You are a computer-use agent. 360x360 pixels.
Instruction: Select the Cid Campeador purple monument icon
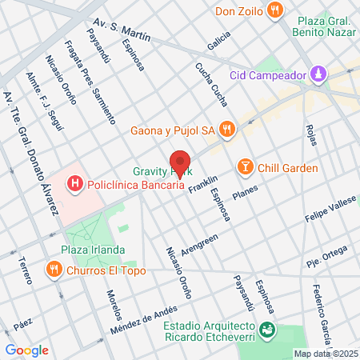(x=319, y=74)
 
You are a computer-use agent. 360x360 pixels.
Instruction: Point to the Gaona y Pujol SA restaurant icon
(x=227, y=129)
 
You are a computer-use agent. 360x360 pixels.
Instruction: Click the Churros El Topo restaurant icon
(x=54, y=269)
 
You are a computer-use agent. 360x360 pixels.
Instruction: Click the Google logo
(x=26, y=350)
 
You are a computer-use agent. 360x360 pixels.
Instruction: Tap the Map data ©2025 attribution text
(x=326, y=354)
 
